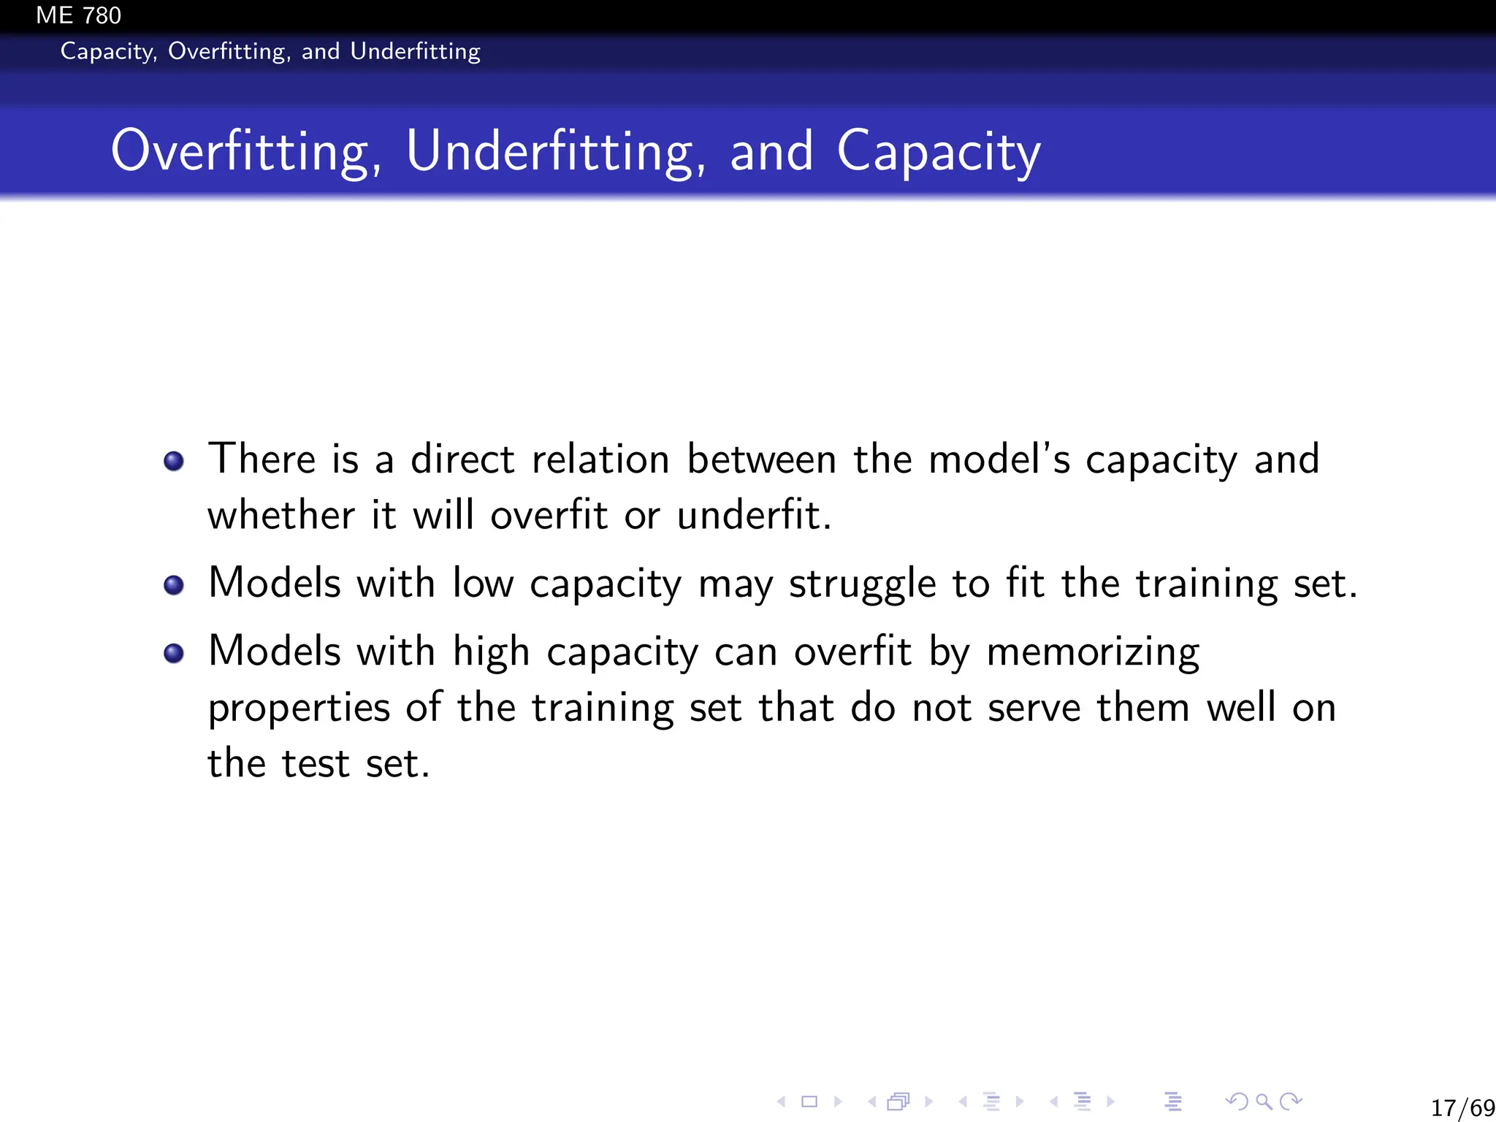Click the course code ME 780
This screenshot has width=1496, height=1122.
click(78, 15)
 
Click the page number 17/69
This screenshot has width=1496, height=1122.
click(1462, 1107)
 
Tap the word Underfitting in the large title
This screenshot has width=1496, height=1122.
click(556, 151)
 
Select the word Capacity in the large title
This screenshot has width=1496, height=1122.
click(939, 151)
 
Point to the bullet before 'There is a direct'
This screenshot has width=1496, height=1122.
click(174, 462)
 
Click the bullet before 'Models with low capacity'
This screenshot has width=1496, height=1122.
click(174, 585)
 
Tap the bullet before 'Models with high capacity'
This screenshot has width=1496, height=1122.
click(174, 653)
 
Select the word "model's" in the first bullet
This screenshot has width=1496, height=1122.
click(999, 459)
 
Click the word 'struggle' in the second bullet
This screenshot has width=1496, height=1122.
click(862, 584)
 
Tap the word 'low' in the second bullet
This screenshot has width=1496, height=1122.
click(483, 584)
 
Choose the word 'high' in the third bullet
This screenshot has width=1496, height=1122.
click(491, 652)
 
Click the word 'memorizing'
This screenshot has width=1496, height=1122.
click(1093, 652)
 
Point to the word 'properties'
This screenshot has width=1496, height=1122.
click(299, 708)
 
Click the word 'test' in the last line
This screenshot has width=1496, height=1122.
click(315, 764)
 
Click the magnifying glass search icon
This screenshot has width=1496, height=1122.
click(1264, 1101)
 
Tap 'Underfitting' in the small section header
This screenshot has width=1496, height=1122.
click(415, 52)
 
